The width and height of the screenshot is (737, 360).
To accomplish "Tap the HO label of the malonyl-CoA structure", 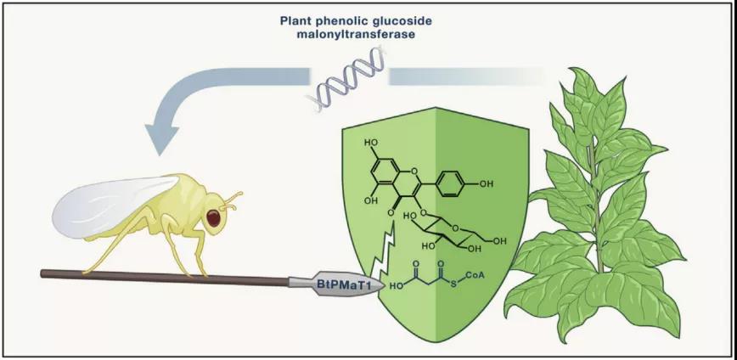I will tap(396, 287).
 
